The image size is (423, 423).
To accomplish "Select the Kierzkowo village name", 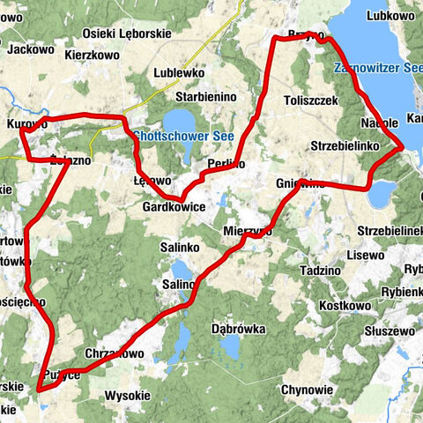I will click(93, 54).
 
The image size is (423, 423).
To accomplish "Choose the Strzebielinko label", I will click(345, 144).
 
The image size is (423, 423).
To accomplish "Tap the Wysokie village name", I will click(129, 396).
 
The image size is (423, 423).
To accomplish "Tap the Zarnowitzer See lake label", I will click(378, 68).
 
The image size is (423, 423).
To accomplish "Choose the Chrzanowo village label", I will click(116, 353).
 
